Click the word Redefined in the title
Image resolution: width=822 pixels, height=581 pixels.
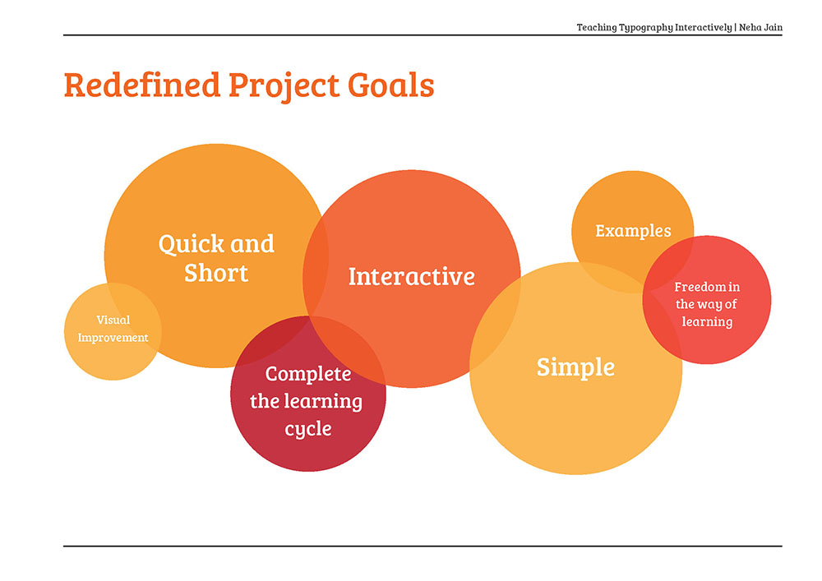[x=141, y=85]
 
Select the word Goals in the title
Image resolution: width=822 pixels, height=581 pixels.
[x=391, y=85]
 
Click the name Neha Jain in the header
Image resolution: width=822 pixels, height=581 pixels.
[x=760, y=27]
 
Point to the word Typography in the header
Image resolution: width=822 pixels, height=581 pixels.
[x=646, y=28]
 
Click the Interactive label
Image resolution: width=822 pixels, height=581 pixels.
[x=412, y=277]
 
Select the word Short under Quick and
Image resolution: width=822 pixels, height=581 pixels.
[x=216, y=273]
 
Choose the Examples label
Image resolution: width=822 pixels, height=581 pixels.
[x=633, y=231]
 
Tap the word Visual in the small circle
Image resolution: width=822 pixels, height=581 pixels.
[x=113, y=320]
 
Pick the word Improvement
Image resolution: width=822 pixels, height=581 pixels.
[x=113, y=338]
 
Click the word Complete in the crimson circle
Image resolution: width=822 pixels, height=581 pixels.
[x=308, y=374]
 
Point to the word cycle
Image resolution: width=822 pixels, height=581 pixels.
[x=308, y=429]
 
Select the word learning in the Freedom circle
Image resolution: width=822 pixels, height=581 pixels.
[x=707, y=321]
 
